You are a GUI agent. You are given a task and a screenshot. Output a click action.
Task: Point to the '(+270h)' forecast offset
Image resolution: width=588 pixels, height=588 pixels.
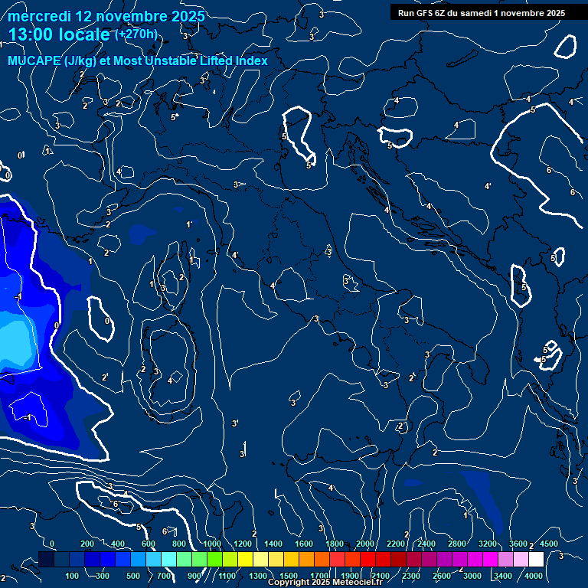[136, 34]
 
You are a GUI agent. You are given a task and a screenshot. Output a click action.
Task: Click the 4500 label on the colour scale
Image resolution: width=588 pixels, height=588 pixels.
[548, 544]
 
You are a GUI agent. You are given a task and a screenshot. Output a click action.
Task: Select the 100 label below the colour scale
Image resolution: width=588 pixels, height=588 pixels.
[72, 576]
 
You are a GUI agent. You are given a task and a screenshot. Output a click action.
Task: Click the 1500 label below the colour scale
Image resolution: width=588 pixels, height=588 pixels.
[289, 576]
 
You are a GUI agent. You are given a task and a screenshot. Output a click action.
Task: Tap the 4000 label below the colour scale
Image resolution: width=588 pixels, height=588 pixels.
[534, 576]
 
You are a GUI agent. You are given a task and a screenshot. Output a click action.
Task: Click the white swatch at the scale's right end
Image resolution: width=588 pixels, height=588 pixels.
[536, 560]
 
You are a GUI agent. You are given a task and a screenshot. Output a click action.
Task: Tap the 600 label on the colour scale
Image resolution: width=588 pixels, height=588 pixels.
[149, 544]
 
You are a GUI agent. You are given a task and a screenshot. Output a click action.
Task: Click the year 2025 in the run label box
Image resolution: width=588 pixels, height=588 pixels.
[551, 12]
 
